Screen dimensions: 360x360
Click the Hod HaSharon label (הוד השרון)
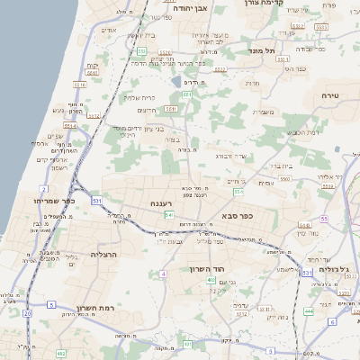207,269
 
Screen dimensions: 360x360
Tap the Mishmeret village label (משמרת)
269,112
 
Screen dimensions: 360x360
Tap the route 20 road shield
27,312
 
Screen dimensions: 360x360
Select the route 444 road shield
309,310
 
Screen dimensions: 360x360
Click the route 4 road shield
163,274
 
